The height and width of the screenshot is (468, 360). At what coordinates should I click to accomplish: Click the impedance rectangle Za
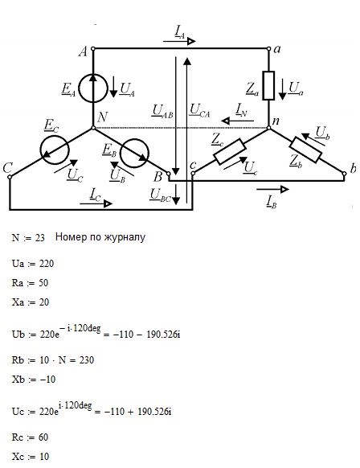268,85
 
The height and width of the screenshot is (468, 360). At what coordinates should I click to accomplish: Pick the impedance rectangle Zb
306,150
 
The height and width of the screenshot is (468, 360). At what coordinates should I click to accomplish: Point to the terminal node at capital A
92,48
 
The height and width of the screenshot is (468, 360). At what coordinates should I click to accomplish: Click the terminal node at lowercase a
268,48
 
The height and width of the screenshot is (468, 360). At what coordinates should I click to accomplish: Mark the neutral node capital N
93,128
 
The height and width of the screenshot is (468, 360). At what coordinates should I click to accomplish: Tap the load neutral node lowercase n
268,128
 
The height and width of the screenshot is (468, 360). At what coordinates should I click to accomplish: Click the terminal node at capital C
10,177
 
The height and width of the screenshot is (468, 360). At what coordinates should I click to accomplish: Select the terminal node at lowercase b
344,174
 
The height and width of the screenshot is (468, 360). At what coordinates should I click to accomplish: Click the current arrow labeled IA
179,41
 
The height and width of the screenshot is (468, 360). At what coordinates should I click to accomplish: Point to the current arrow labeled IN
237,121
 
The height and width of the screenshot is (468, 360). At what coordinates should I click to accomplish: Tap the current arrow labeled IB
272,189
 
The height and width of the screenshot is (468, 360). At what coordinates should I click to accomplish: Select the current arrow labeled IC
96,203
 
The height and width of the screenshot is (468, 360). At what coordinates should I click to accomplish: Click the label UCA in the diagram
199,110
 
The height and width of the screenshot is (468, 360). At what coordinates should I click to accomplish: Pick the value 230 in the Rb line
87,360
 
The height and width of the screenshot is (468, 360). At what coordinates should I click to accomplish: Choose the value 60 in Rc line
43,437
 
